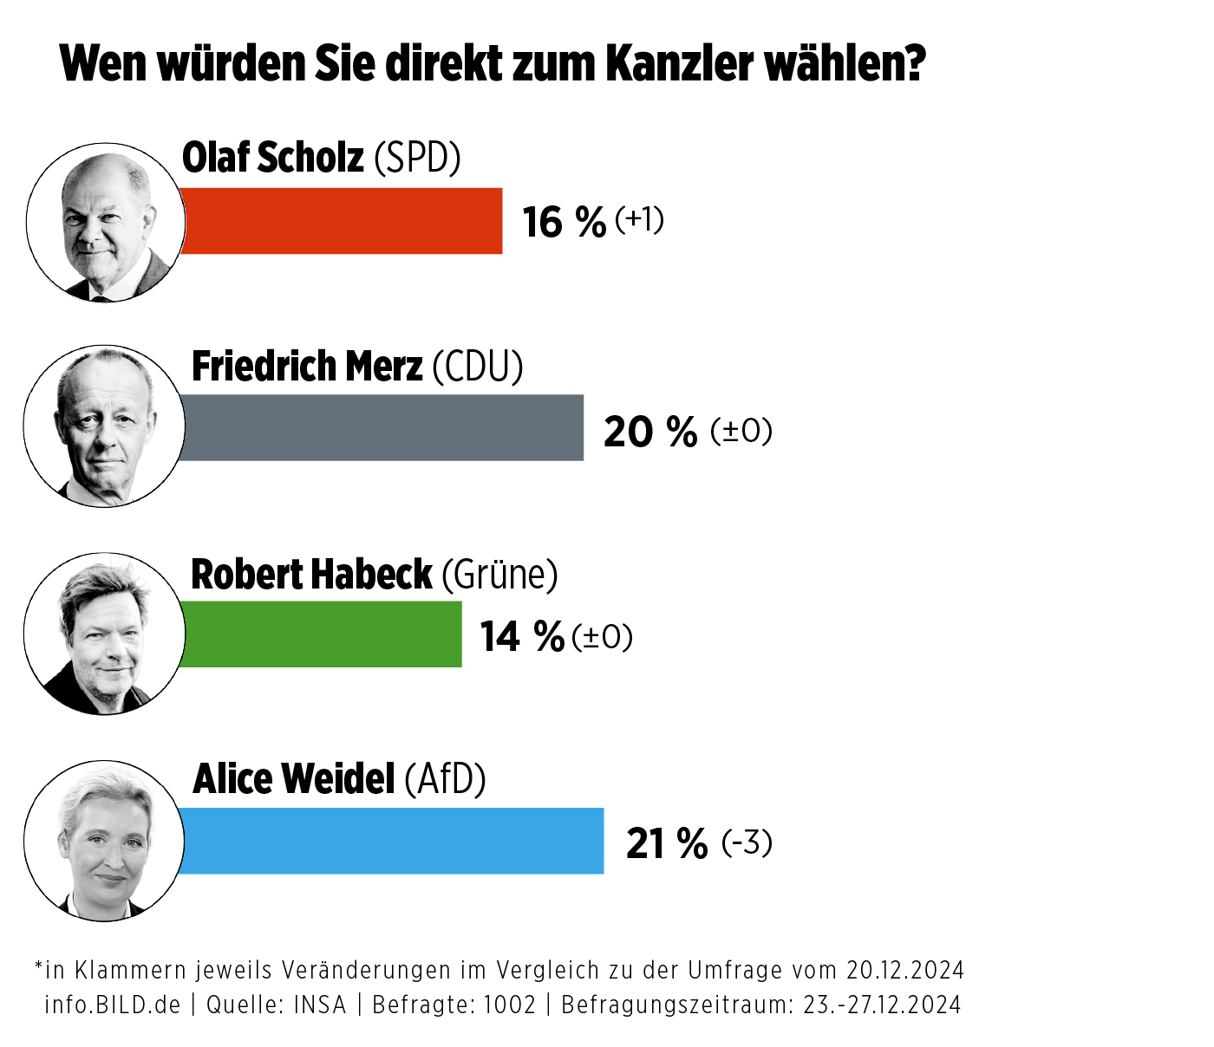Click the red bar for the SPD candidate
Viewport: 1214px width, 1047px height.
point(342,221)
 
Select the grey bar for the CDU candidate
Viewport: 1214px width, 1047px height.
point(382,427)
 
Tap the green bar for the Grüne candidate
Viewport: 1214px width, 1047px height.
point(321,634)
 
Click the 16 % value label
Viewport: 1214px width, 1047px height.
point(564,223)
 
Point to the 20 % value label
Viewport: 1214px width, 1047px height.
point(649,432)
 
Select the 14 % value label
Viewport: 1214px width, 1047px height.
point(522,637)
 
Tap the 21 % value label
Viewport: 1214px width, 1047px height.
point(666,843)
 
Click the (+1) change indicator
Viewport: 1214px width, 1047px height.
point(639,219)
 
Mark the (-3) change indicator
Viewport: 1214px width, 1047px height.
point(746,842)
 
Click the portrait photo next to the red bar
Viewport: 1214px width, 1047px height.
point(106,223)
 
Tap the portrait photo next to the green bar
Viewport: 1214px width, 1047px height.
point(104,634)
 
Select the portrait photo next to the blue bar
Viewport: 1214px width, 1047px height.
point(104,841)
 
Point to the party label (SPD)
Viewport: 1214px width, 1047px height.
point(417,158)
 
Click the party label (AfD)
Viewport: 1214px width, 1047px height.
point(445,779)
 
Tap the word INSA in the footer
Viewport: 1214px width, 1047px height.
point(319,1005)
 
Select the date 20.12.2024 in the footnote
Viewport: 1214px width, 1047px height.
point(905,969)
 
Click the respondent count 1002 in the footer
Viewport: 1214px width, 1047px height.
point(509,1005)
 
